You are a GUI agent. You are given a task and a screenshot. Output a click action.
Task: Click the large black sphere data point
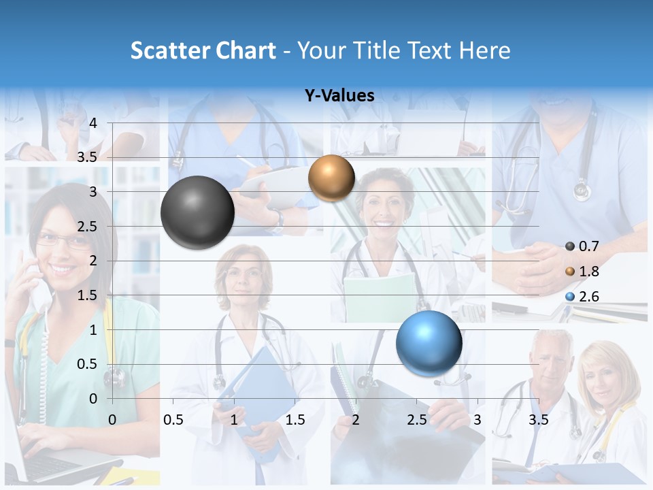pyautogui.click(x=197, y=212)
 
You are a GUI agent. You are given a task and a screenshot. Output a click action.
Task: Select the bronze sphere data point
pyautogui.click(x=331, y=178)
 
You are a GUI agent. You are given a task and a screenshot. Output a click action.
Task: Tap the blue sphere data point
pyautogui.click(x=429, y=342)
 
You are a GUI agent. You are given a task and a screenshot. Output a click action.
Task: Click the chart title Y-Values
pyautogui.click(x=339, y=96)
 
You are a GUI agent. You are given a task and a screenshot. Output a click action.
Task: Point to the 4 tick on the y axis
pyautogui.click(x=94, y=123)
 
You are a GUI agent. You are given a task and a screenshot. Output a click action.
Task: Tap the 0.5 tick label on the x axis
pyautogui.click(x=173, y=420)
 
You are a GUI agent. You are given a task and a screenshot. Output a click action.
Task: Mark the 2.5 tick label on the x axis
pyautogui.click(x=417, y=420)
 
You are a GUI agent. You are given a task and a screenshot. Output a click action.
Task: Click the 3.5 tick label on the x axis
pyautogui.click(x=538, y=420)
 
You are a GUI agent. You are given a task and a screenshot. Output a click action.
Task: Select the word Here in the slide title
pyautogui.click(x=484, y=50)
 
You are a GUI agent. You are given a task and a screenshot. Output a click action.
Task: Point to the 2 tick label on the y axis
pyautogui.click(x=94, y=261)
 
